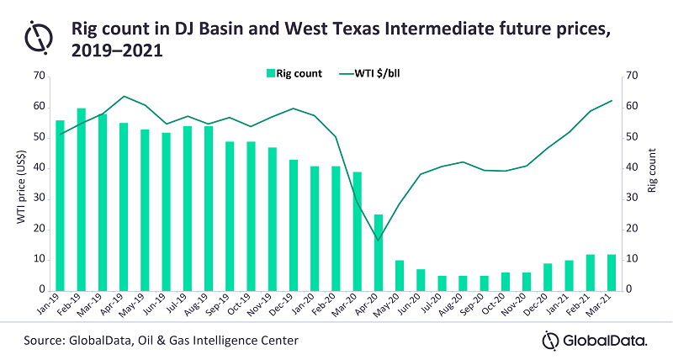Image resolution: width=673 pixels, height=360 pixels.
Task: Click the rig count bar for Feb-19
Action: click(x=82, y=199)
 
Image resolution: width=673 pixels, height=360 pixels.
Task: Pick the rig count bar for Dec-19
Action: click(x=294, y=225)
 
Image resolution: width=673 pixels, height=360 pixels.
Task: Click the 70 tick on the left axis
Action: click(x=39, y=77)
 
